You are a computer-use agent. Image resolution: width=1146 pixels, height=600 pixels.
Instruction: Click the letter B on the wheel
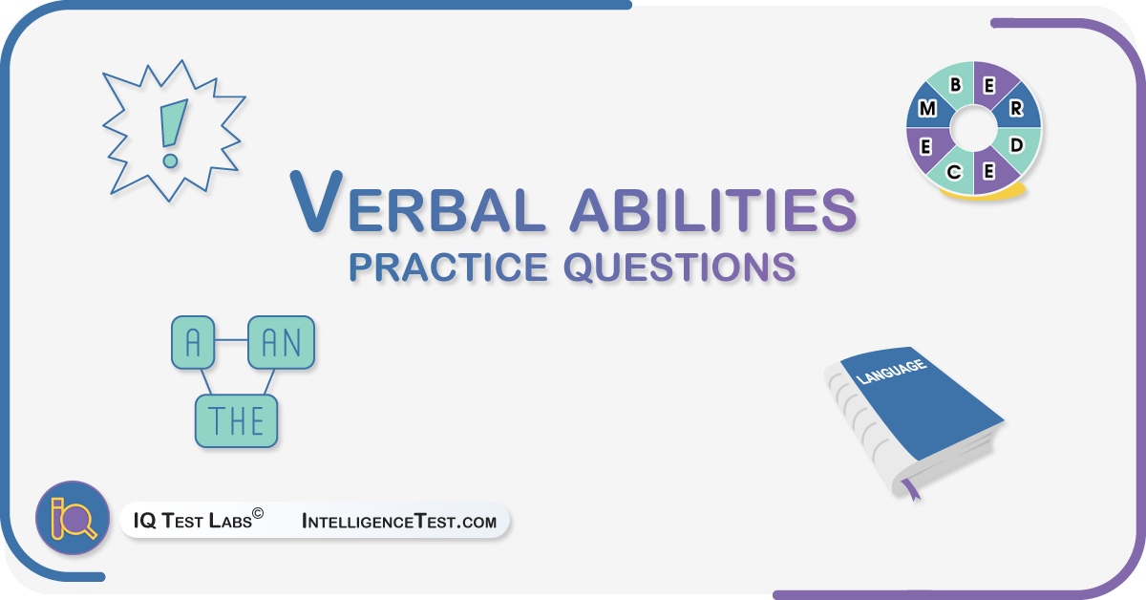(x=955, y=84)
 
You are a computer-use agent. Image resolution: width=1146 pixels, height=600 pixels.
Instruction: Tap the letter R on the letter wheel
(x=1016, y=108)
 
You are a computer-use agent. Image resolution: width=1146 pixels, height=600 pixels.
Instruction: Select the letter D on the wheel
(x=1016, y=145)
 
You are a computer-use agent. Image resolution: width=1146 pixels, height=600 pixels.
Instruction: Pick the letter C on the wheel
(x=954, y=172)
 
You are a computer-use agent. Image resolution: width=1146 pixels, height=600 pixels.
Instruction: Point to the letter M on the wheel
(x=927, y=109)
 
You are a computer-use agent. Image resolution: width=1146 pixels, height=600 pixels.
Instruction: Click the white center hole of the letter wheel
(x=973, y=128)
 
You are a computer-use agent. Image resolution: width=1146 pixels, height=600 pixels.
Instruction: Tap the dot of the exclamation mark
(x=170, y=161)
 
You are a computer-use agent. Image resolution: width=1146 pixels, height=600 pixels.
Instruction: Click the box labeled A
(x=193, y=342)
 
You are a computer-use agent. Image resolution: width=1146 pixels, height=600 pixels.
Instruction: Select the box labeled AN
(x=281, y=342)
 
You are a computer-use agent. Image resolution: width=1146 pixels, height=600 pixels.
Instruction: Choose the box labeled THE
(x=237, y=420)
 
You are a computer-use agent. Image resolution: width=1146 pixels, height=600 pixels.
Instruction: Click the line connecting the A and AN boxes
(x=231, y=340)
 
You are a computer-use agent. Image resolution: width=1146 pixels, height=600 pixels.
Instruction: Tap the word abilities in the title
(x=713, y=210)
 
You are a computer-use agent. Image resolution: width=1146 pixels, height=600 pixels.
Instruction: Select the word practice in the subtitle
(x=448, y=268)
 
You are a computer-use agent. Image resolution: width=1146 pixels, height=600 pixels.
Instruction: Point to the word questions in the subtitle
(x=680, y=268)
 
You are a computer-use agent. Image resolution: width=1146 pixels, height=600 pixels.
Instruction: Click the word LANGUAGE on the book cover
(x=891, y=371)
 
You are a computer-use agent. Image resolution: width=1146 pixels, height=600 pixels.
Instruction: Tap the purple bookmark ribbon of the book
(x=911, y=489)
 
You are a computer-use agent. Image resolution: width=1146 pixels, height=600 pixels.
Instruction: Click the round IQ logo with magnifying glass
(x=73, y=518)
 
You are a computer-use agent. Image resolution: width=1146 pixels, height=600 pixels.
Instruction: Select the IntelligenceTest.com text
(x=399, y=521)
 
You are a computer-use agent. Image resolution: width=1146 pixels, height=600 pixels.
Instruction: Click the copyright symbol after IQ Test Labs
(x=258, y=513)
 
